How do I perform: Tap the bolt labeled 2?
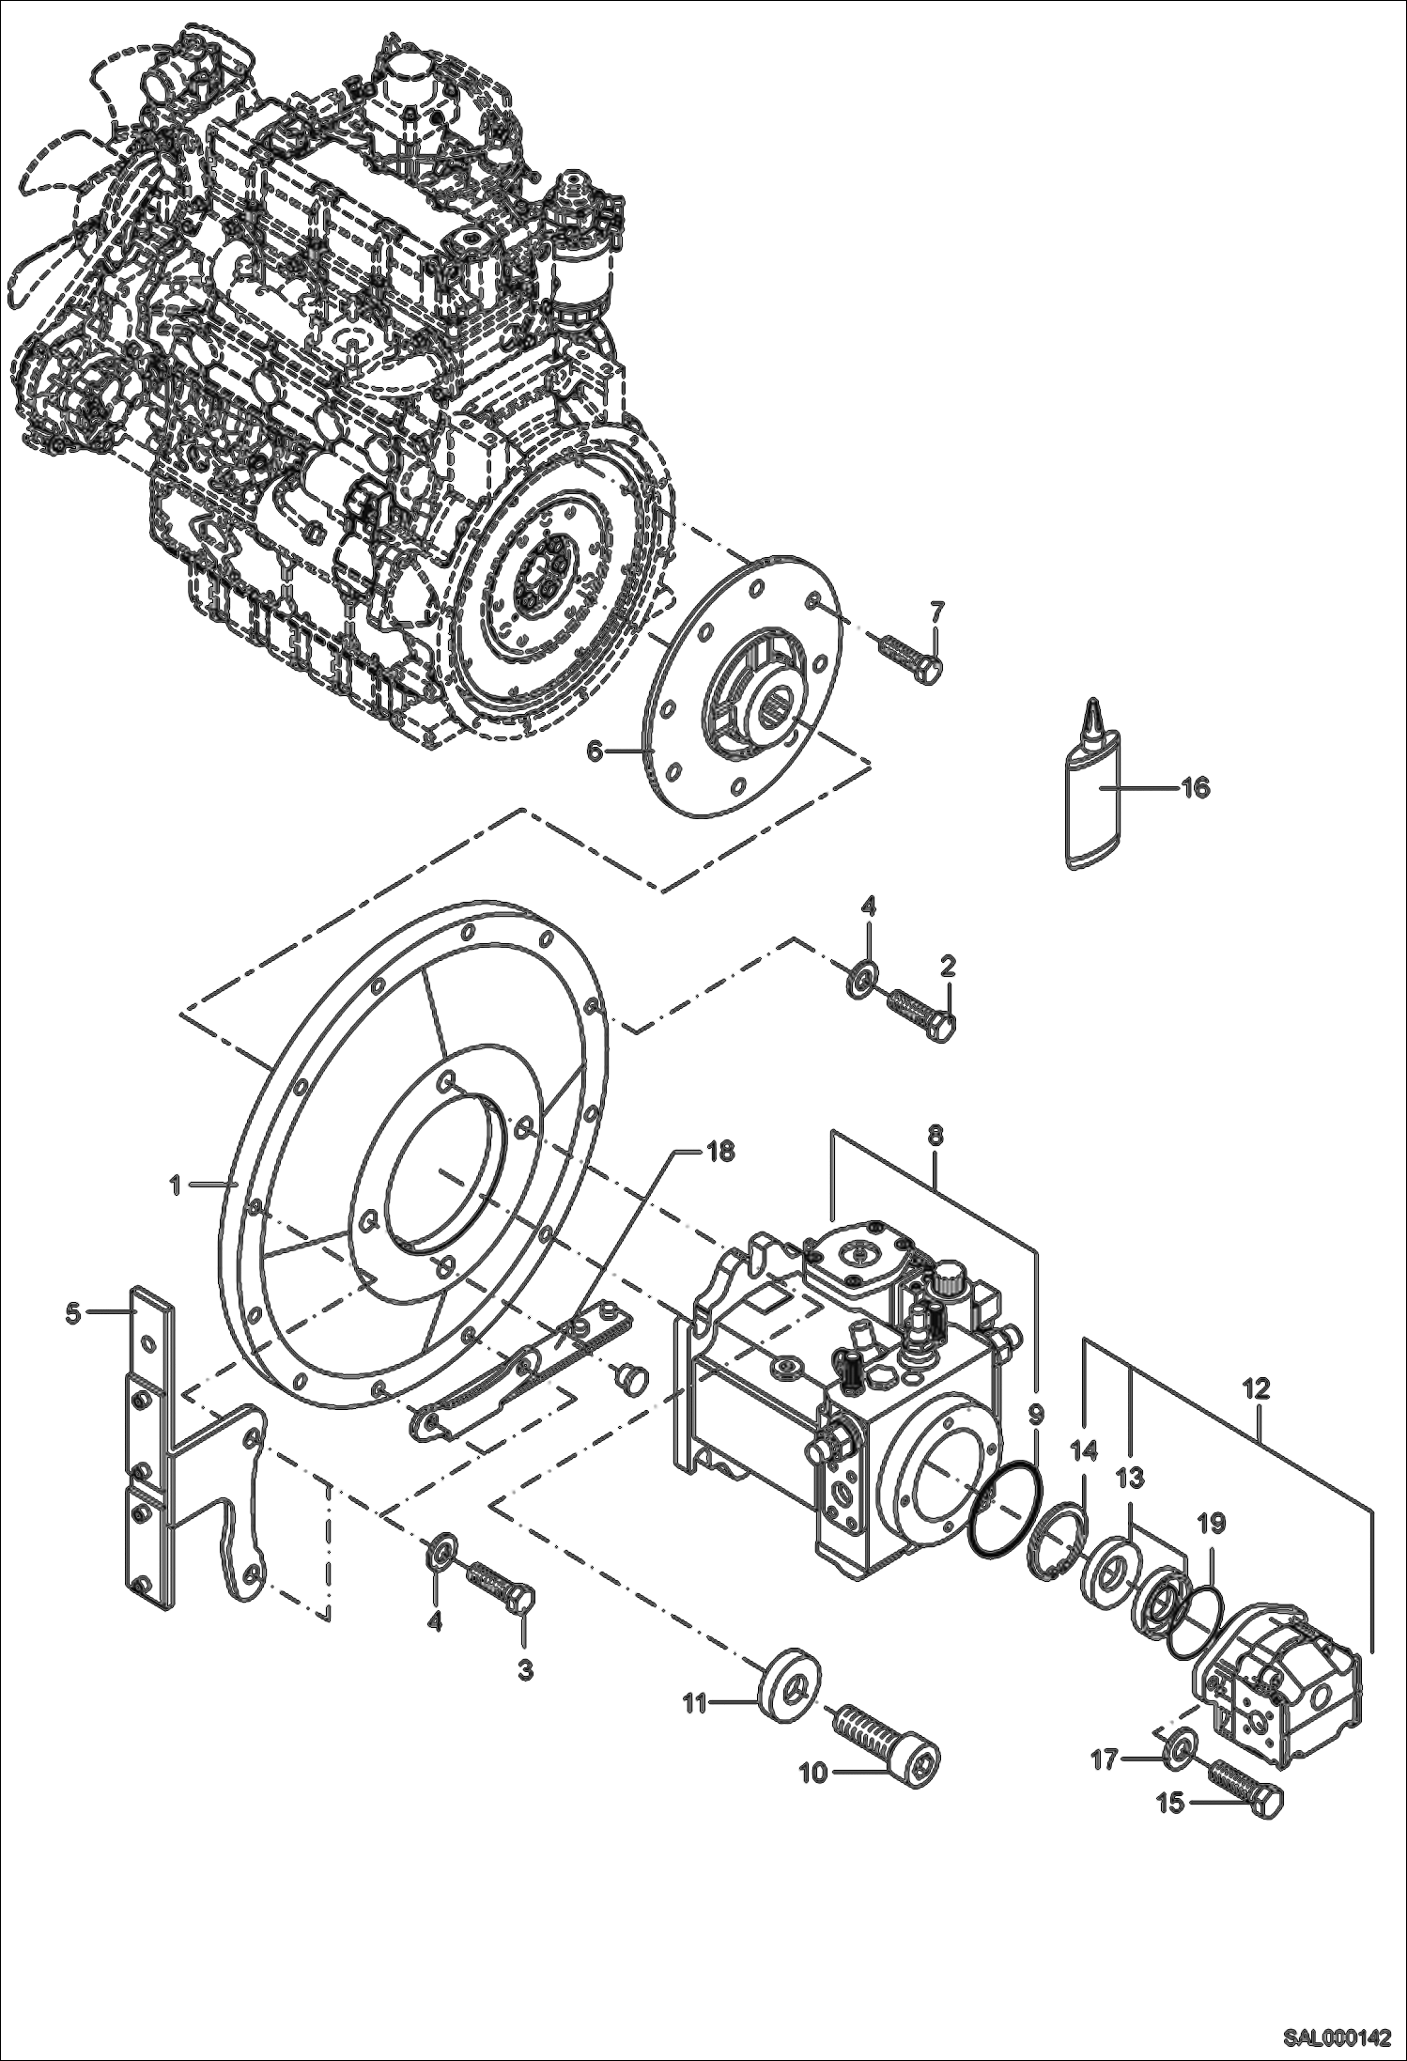(x=921, y=1012)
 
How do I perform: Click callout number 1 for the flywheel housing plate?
(x=176, y=1185)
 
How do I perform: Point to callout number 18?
(x=720, y=1152)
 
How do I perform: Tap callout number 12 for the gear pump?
(x=1257, y=1387)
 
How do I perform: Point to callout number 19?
(x=1212, y=1523)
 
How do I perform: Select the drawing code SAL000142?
(x=1337, y=2037)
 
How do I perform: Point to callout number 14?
(x=1084, y=1452)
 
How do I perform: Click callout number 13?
(x=1131, y=1479)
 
